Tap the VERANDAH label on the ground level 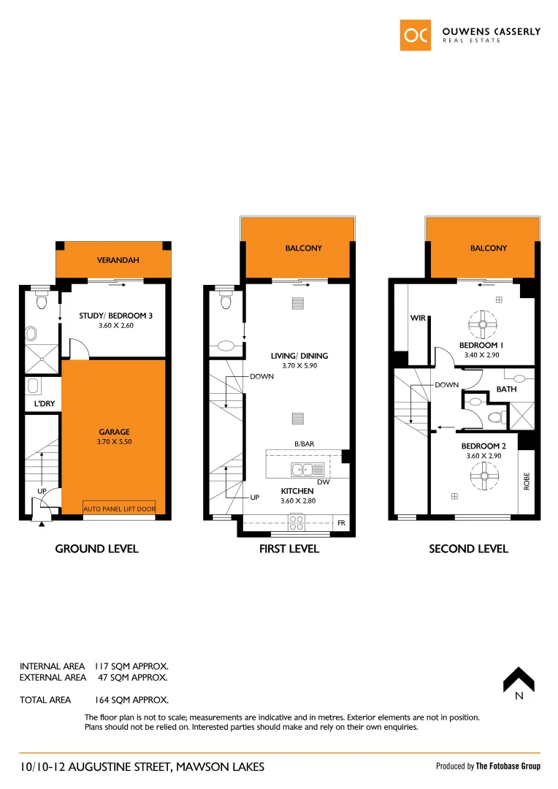tap(114, 260)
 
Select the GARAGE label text tap(114, 432)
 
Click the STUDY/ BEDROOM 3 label tap(115, 316)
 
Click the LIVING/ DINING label tap(305, 356)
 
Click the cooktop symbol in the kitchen tap(297, 522)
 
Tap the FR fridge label tap(340, 522)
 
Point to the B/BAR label tap(305, 443)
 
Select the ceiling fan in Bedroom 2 tap(481, 479)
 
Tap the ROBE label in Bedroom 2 tap(526, 481)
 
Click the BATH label tap(506, 389)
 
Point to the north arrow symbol tap(519, 680)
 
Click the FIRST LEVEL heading tap(289, 549)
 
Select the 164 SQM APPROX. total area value tap(132, 700)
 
